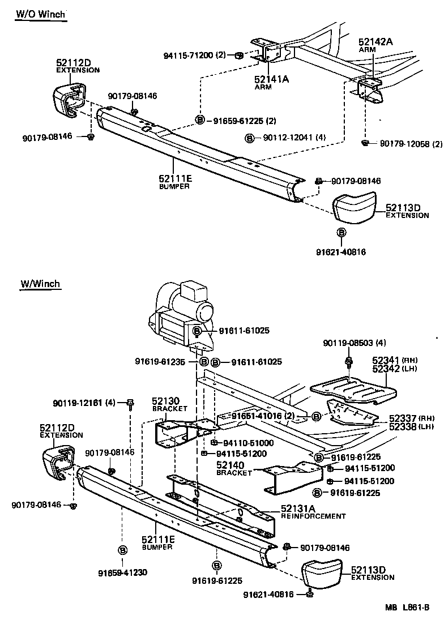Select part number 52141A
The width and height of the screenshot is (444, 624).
271,79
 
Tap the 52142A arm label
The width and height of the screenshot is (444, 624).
375,41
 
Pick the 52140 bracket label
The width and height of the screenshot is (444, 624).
230,465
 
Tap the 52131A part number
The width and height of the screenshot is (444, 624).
300,508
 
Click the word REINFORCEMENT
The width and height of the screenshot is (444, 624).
313,516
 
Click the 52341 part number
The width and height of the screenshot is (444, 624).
385,360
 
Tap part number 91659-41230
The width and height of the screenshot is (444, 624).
122,572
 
